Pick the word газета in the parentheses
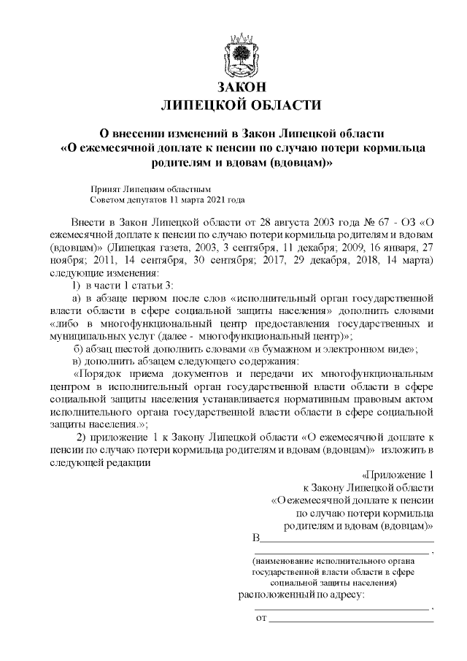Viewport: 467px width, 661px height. pyautogui.click(x=167, y=247)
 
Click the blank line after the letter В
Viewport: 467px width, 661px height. pyautogui.click(x=347, y=540)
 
